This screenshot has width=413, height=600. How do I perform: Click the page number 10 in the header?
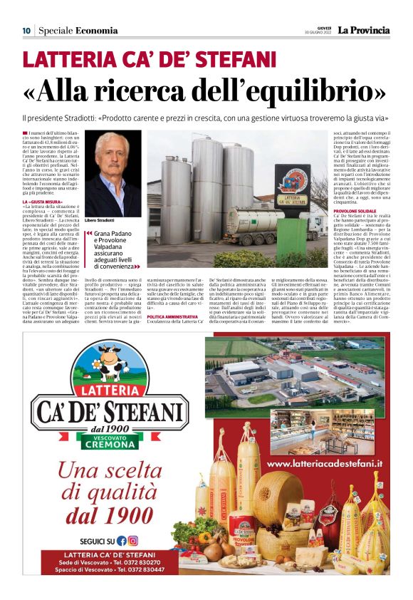[x=26, y=31]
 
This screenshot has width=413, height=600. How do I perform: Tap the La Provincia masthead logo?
[x=363, y=30]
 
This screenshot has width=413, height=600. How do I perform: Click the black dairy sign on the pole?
[x=292, y=187]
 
